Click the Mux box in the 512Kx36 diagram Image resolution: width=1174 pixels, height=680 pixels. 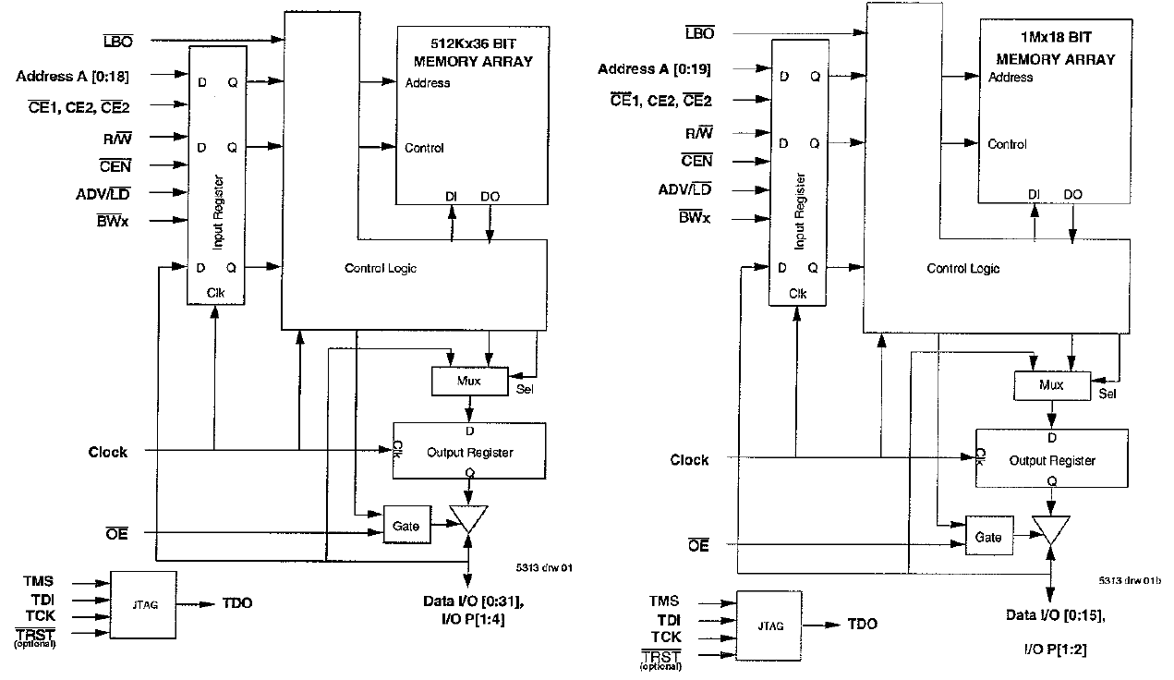tap(470, 380)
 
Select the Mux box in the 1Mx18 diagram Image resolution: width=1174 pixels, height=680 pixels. tap(1051, 385)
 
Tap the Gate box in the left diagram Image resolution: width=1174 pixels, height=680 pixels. tap(405, 525)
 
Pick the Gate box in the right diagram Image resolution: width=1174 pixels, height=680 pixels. tap(987, 537)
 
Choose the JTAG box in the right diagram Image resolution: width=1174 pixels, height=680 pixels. tap(769, 625)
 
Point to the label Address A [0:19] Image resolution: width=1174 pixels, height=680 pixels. tap(654, 69)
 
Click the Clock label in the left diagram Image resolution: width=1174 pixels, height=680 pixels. tap(108, 452)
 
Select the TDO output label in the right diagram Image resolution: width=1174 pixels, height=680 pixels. tap(863, 625)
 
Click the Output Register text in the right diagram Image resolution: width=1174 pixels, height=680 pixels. tap(1052, 460)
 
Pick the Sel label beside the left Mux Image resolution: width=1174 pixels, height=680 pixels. tap(525, 387)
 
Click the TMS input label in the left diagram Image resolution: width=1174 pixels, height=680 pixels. tap(39, 581)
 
